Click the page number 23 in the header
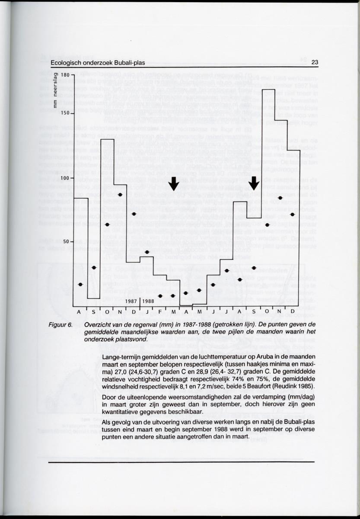(x=314, y=63)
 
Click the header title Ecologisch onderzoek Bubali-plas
(x=97, y=63)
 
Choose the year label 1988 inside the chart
(x=148, y=301)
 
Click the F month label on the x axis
(x=160, y=312)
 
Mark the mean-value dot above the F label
(x=160, y=296)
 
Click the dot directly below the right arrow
(x=254, y=268)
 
